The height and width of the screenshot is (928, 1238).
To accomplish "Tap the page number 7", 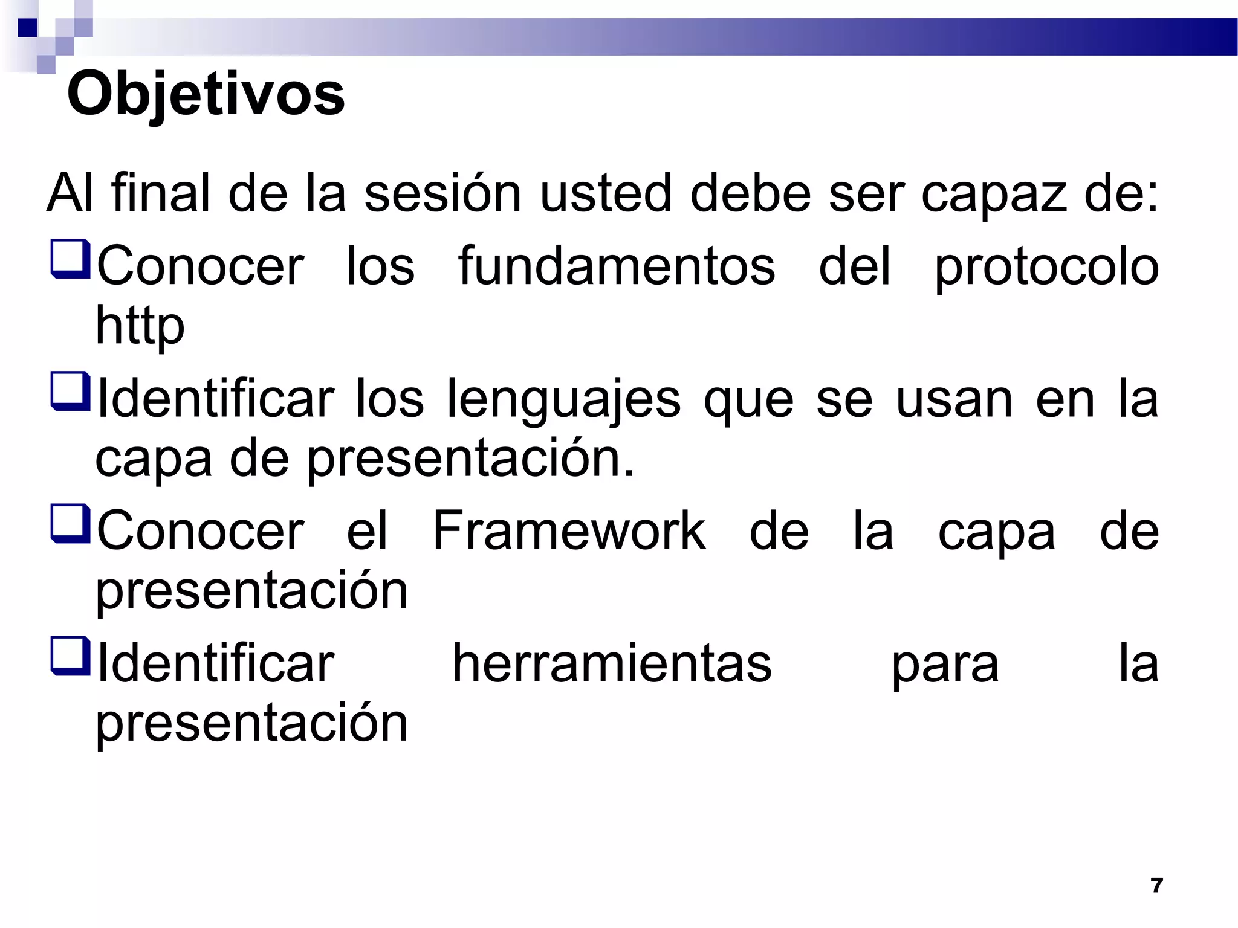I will (x=1156, y=885).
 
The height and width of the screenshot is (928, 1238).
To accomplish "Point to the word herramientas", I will (x=612, y=663).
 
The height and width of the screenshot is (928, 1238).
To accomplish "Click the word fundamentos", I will (x=617, y=266).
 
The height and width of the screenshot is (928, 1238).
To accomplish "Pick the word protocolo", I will (x=1046, y=267).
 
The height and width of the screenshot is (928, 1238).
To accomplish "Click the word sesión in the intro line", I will (x=442, y=193).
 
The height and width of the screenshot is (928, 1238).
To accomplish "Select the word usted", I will (x=605, y=193).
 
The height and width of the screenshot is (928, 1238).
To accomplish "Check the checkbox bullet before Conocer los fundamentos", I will (x=71, y=259).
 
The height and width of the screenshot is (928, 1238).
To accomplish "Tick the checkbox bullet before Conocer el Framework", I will (x=71, y=524).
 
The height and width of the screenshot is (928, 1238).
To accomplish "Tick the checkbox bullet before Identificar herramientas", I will (x=71, y=656).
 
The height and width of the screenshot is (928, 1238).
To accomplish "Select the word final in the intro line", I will (x=160, y=193).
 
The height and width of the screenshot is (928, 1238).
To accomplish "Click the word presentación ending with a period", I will (x=472, y=459).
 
